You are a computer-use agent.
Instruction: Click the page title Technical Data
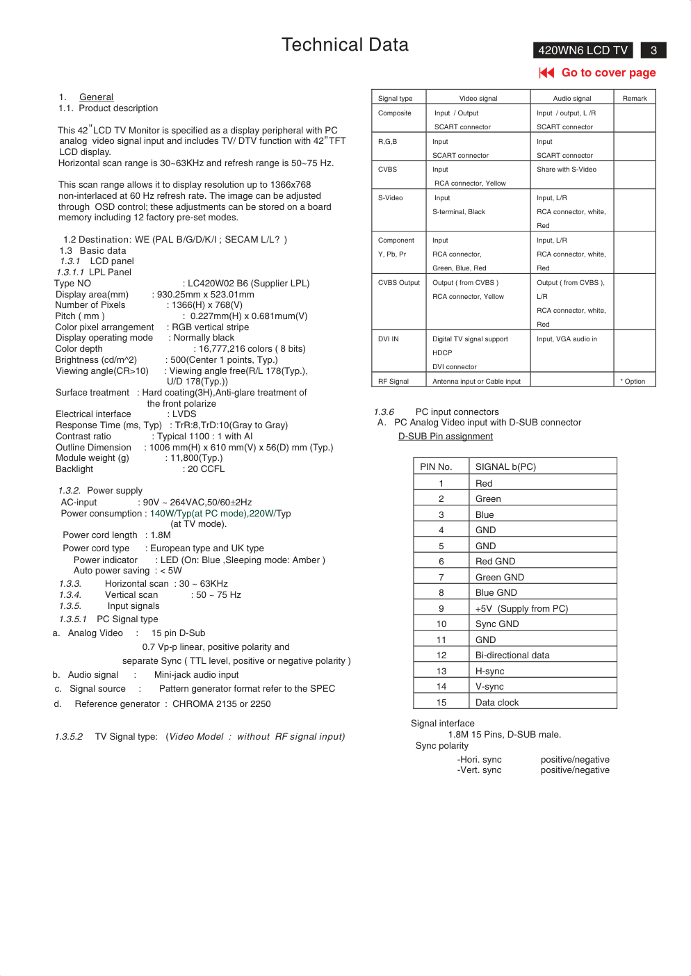point(345,45)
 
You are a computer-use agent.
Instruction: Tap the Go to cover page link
point(608,72)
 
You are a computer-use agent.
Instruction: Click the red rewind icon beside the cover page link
point(546,72)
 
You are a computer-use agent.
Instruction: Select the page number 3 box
point(653,50)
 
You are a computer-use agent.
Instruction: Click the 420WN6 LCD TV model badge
point(583,50)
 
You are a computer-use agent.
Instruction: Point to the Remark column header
point(635,98)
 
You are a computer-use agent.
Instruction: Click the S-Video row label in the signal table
point(391,198)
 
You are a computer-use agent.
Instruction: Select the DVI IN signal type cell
point(389,339)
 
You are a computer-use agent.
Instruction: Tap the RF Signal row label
point(393,381)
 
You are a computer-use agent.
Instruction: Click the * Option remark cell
point(633,381)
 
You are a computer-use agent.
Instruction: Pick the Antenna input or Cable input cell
point(476,381)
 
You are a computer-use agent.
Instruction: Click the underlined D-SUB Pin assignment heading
point(446,437)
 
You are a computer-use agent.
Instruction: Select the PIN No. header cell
point(436,466)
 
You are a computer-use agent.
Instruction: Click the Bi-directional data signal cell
point(512,655)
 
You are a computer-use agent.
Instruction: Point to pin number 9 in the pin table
point(441,608)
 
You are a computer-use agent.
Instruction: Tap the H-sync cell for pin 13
point(490,671)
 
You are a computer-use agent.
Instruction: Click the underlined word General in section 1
point(96,97)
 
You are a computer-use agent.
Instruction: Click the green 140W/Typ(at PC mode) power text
point(198,513)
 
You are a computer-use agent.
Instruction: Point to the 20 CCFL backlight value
point(206,469)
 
